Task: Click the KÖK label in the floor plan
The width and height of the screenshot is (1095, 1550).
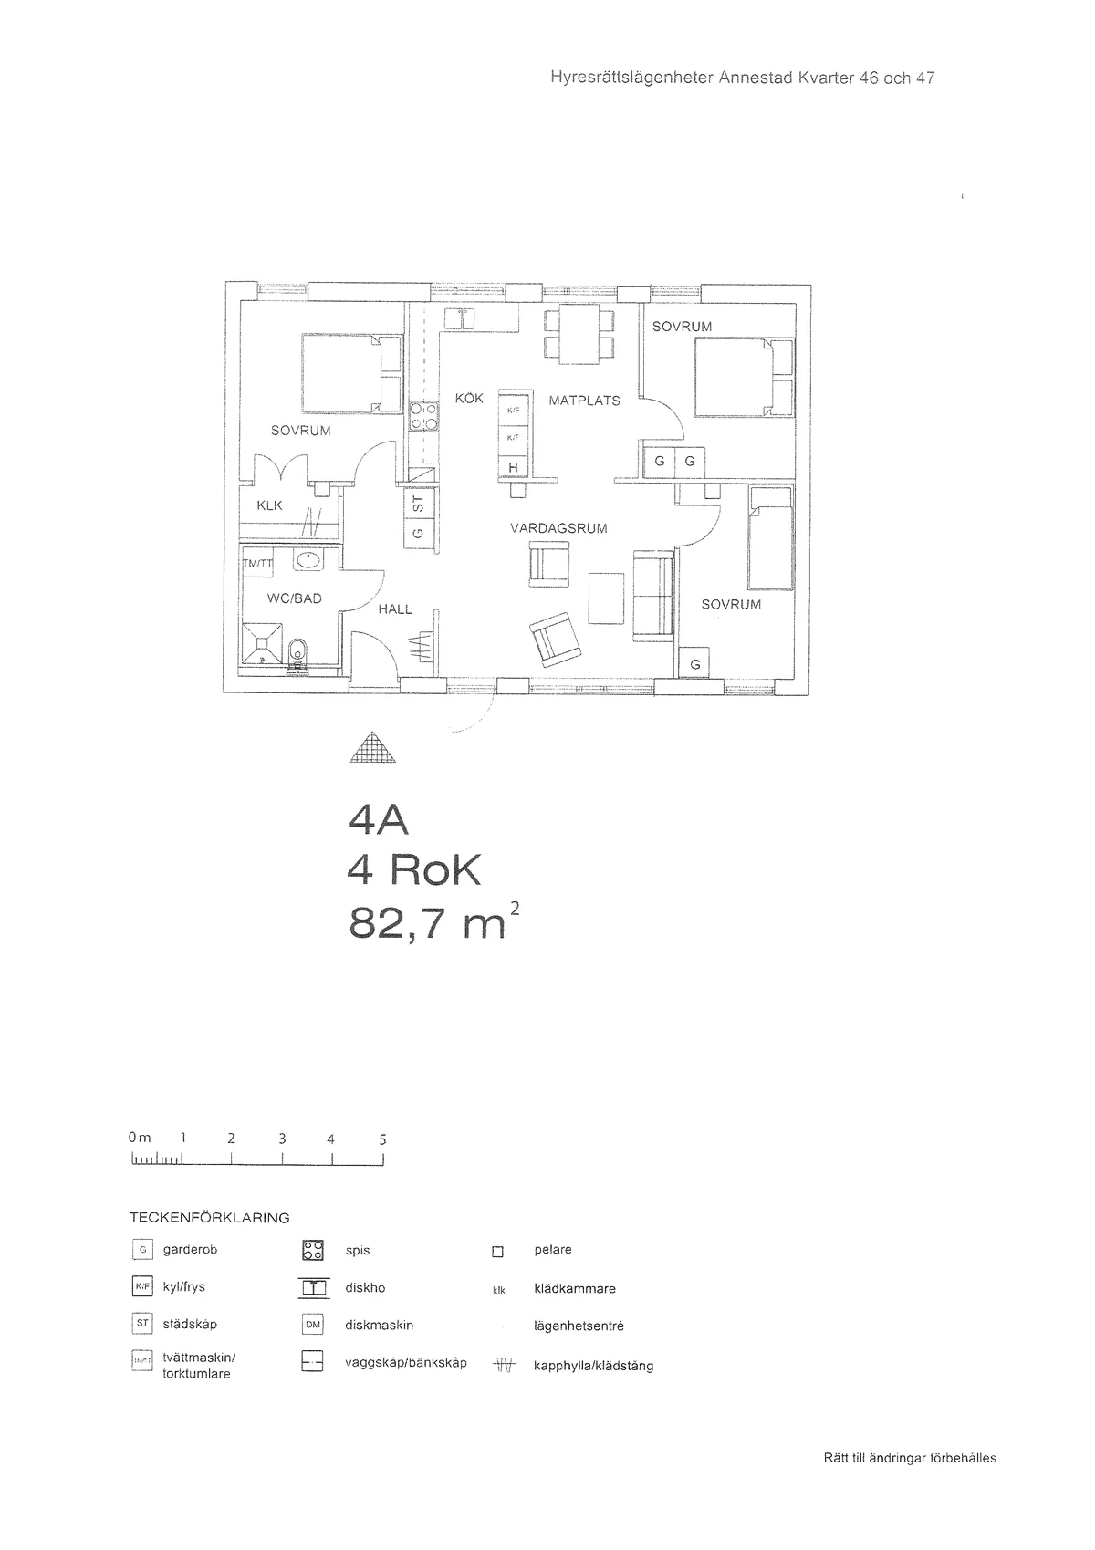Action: tap(469, 399)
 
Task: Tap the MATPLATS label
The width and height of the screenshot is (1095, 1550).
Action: tap(584, 401)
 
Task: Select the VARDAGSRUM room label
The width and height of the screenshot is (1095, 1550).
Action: tap(558, 528)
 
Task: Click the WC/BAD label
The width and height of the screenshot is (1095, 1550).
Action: tap(294, 598)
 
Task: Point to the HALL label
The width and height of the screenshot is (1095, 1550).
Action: tap(395, 609)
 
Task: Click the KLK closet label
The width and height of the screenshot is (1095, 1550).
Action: tap(269, 505)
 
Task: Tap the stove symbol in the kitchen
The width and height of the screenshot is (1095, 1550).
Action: tap(422, 417)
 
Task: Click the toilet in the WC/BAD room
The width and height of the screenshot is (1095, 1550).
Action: tap(297, 653)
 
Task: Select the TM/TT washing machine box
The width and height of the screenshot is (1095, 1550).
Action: tap(256, 563)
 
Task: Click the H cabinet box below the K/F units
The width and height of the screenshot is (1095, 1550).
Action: tap(513, 468)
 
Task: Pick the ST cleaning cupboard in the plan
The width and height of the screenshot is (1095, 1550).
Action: tap(419, 503)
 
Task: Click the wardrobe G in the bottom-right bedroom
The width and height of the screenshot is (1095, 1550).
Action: tap(695, 664)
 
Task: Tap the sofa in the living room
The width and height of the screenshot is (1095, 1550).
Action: tap(653, 594)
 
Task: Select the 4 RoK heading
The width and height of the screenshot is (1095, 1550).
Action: tap(413, 872)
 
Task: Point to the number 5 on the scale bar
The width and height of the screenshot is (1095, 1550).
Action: tap(382, 1139)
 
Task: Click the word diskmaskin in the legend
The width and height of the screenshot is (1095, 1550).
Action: tap(379, 1325)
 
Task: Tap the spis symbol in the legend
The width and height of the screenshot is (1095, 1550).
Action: tap(312, 1251)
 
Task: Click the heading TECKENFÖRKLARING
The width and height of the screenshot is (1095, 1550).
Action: tap(209, 1218)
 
